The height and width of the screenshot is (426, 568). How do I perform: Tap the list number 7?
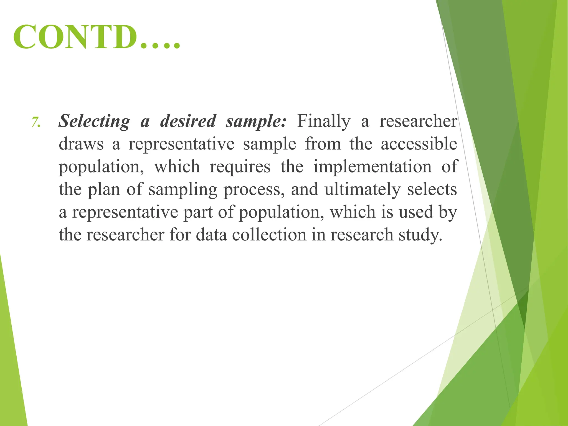[36, 122]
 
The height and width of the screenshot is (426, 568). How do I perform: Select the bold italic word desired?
[188, 121]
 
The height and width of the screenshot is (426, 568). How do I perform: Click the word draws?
[81, 144]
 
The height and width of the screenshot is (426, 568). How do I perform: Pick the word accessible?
[419, 144]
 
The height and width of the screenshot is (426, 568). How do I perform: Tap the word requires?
[240, 167]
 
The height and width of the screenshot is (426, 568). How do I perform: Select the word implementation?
[372, 167]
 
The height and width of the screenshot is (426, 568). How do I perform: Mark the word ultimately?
[362, 190]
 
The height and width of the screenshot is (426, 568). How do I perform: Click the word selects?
[432, 190]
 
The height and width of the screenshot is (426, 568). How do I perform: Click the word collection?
[269, 235]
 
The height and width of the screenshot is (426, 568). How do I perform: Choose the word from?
[323, 144]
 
